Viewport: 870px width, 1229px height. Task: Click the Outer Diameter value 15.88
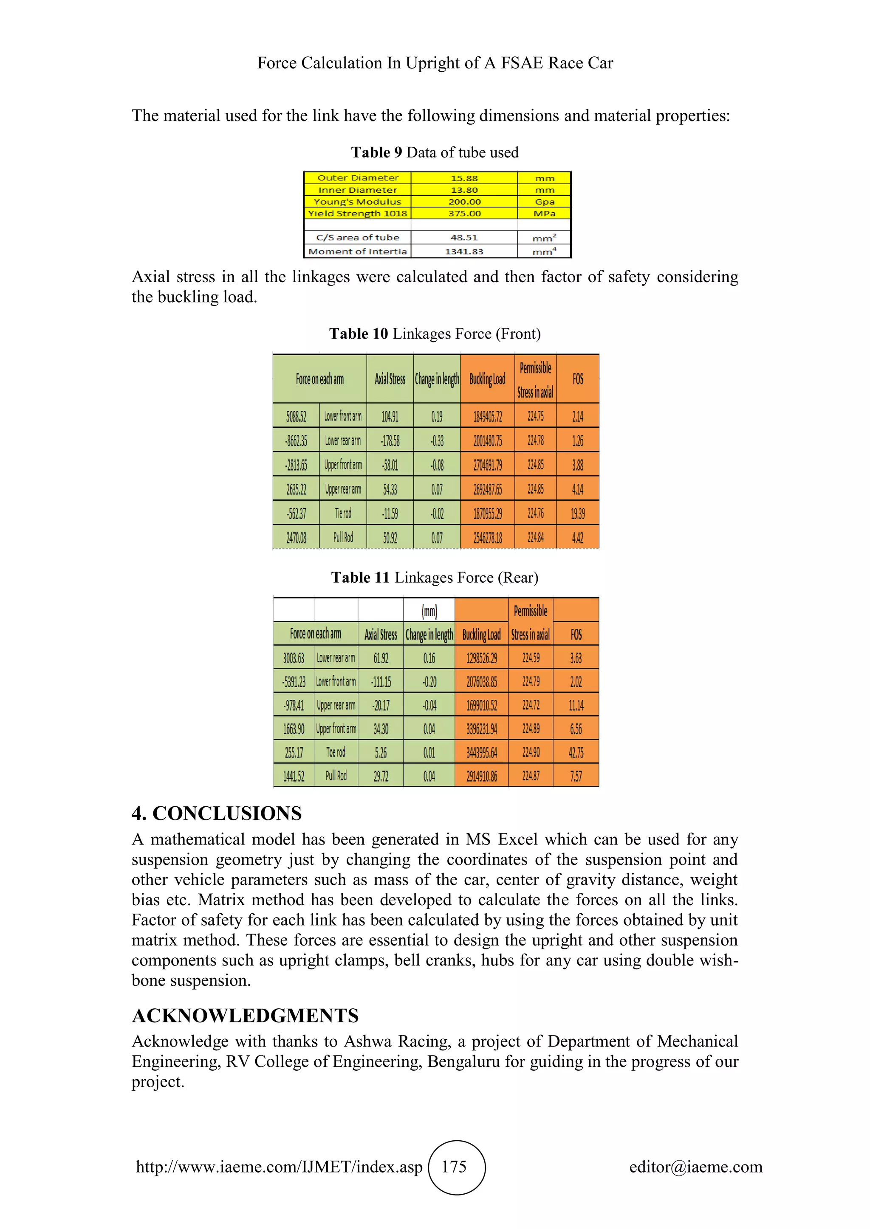[464, 178]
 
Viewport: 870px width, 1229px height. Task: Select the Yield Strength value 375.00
[464, 213]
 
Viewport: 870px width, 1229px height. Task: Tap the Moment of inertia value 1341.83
[464, 252]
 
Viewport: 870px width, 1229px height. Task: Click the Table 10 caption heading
[435, 334]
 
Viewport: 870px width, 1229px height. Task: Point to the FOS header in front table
[577, 379]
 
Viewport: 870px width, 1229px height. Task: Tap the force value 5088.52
[296, 416]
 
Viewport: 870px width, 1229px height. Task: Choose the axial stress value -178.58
[390, 441]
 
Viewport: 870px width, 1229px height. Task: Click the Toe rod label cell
[336, 752]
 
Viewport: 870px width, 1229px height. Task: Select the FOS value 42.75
[576, 752]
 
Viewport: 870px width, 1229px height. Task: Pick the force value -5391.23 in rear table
[294, 682]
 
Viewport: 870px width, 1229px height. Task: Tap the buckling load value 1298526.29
[482, 658]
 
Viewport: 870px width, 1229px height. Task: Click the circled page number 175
[454, 1167]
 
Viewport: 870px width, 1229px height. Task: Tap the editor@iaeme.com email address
[695, 1167]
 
